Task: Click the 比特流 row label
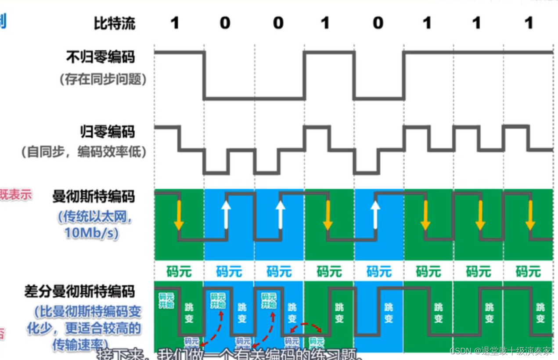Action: point(115,23)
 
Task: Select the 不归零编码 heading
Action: point(100,57)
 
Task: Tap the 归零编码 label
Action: point(107,132)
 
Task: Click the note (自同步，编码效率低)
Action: point(83,152)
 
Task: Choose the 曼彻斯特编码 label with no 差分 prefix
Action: point(93,196)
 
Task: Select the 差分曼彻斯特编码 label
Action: point(79,291)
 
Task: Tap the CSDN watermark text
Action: point(500,351)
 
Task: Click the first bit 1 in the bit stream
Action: point(175,23)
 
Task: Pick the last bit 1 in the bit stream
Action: point(529,23)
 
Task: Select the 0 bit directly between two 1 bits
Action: point(378,23)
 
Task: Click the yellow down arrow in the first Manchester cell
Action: point(178,215)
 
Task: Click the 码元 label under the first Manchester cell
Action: point(179,271)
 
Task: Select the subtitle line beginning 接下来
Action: point(228,354)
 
